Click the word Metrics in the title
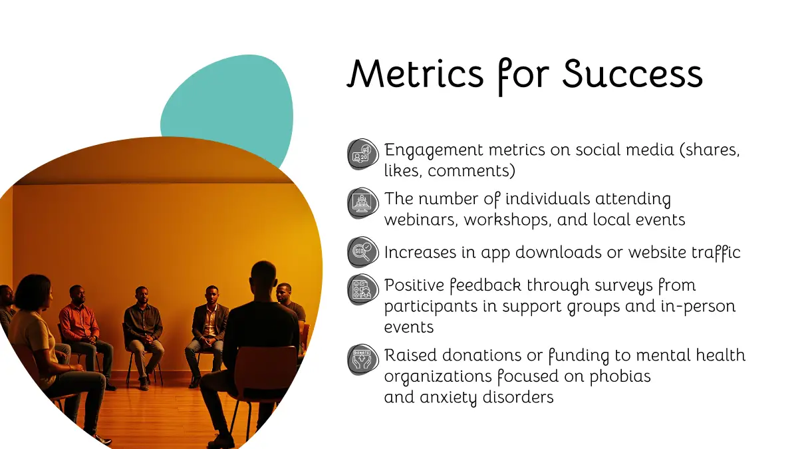(x=416, y=73)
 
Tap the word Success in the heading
(x=632, y=73)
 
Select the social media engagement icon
(x=362, y=154)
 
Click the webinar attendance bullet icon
(x=362, y=203)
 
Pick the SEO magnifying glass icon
(x=362, y=252)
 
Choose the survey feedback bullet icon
(x=362, y=289)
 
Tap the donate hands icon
(x=362, y=360)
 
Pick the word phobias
(x=620, y=376)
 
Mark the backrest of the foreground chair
(x=265, y=367)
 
